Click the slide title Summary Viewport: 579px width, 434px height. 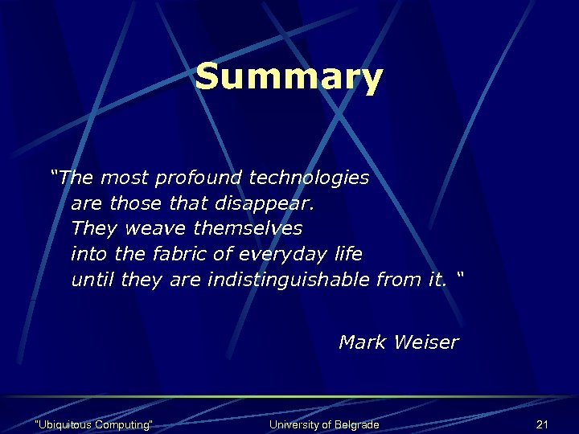click(x=289, y=78)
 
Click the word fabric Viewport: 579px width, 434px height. click(x=186, y=254)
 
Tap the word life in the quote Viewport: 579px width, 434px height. click(x=348, y=254)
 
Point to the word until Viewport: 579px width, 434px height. click(x=92, y=280)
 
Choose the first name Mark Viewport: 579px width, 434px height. click(x=363, y=342)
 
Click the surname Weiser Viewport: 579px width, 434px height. click(x=426, y=342)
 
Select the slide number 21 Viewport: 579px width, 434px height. click(x=541, y=424)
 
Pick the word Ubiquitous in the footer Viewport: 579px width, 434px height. click(x=64, y=424)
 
